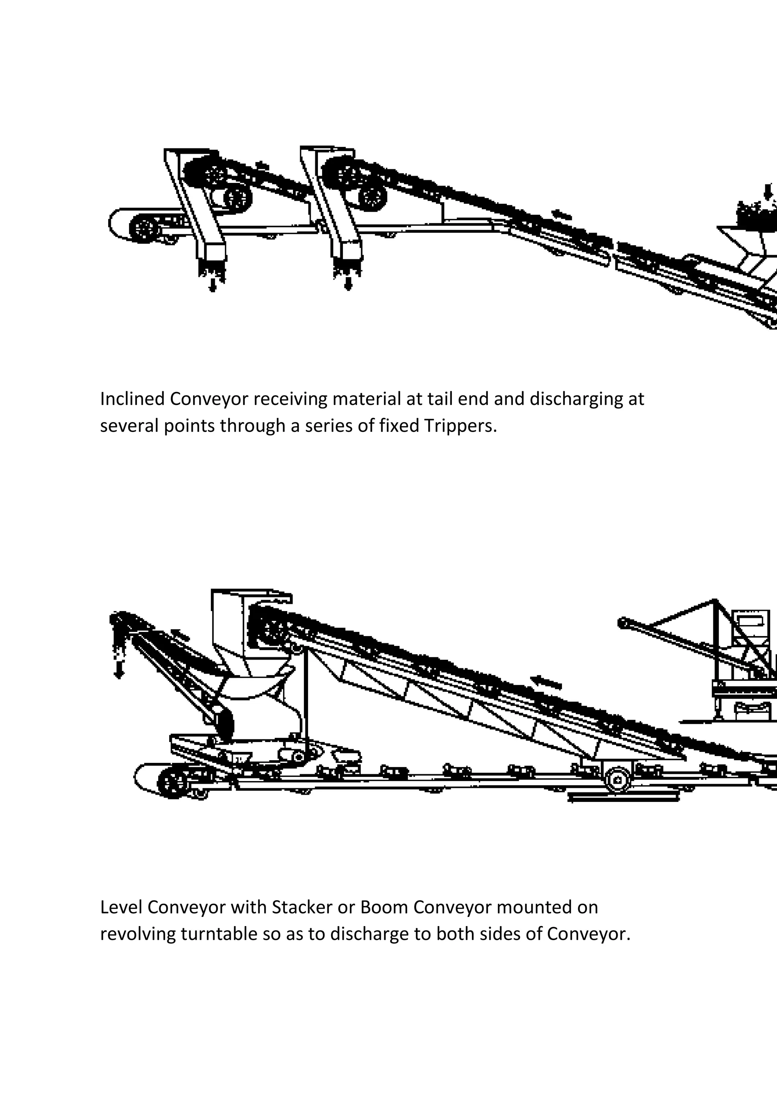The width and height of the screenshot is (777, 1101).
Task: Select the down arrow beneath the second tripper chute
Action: [x=349, y=284]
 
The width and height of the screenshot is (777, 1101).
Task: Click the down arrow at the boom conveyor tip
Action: [x=118, y=670]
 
